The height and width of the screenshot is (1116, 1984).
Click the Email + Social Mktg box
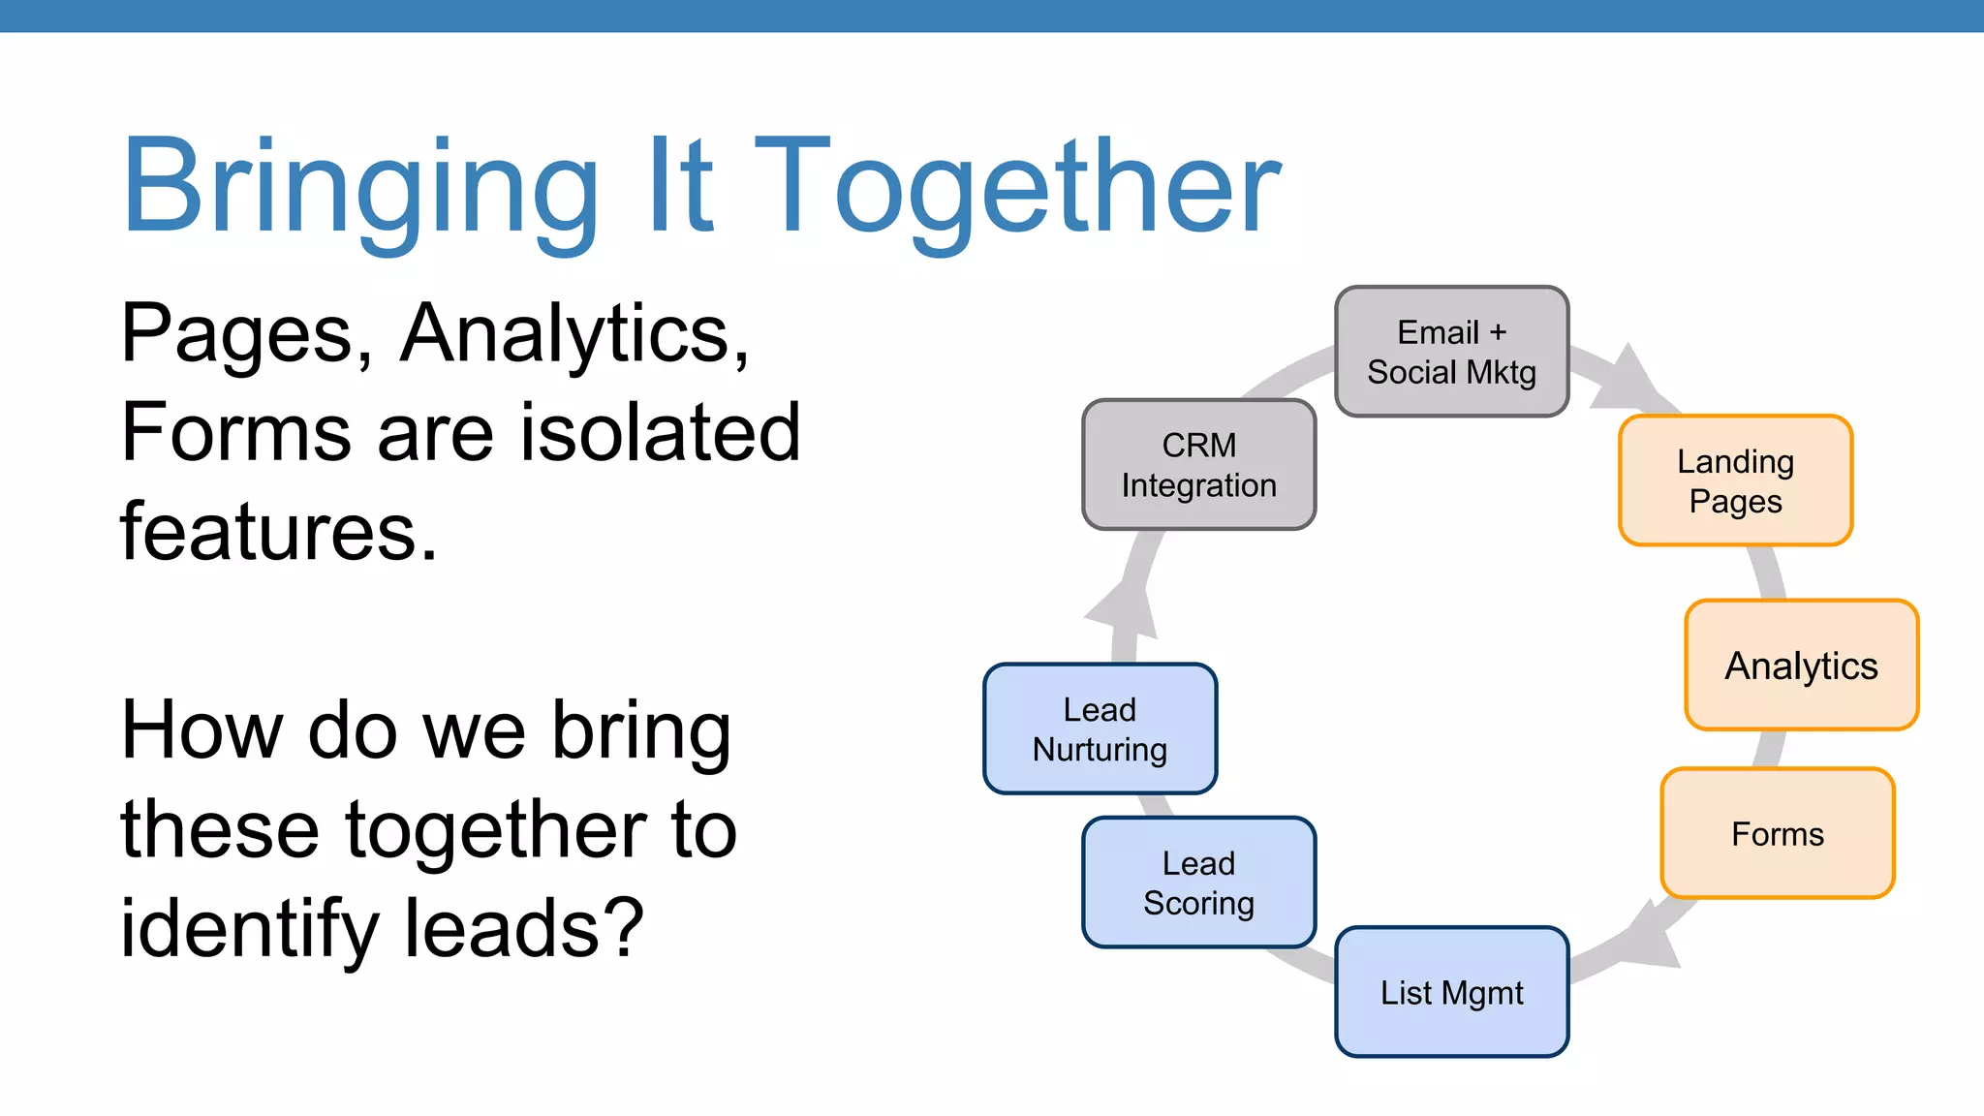[x=1451, y=352]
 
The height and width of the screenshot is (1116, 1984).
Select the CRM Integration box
[x=1198, y=465]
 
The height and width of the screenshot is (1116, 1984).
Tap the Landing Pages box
[x=1735, y=480]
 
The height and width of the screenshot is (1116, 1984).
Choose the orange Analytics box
[x=1801, y=666]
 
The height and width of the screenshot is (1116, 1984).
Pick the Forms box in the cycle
[x=1777, y=834]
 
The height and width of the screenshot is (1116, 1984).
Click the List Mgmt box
[x=1451, y=992]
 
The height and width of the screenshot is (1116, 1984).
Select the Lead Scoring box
[x=1198, y=883]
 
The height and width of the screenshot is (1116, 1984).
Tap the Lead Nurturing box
[x=1100, y=728]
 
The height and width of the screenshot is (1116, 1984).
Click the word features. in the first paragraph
[x=279, y=532]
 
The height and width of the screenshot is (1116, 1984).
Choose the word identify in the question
[x=249, y=928]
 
